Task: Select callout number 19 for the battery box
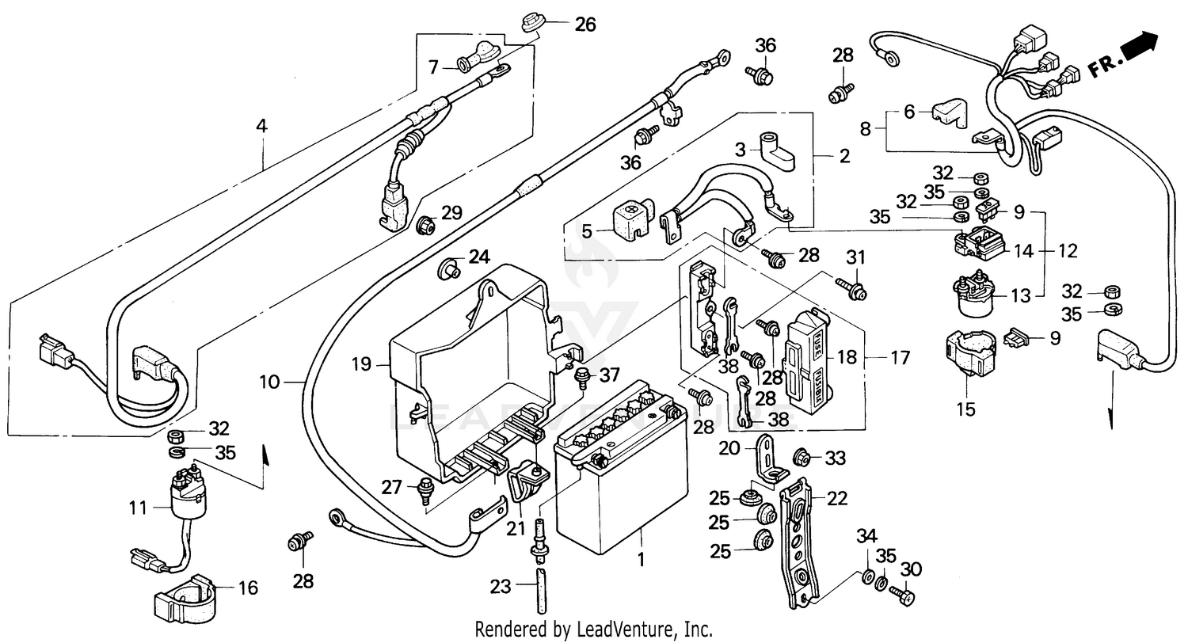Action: click(361, 365)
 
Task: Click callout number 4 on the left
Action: click(261, 125)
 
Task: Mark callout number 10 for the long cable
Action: click(269, 382)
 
